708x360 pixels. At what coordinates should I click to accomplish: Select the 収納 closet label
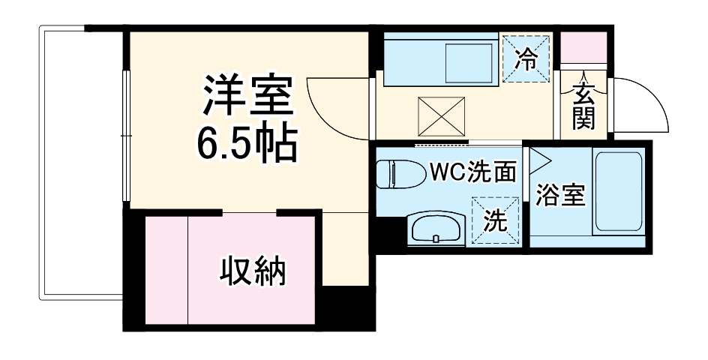[253, 271]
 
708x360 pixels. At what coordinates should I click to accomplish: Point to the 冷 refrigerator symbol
[526, 58]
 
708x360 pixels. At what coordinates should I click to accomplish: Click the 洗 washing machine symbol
[494, 220]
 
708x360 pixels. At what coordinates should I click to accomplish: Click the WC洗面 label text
[472, 172]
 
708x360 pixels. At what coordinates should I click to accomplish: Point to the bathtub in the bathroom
[617, 191]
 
